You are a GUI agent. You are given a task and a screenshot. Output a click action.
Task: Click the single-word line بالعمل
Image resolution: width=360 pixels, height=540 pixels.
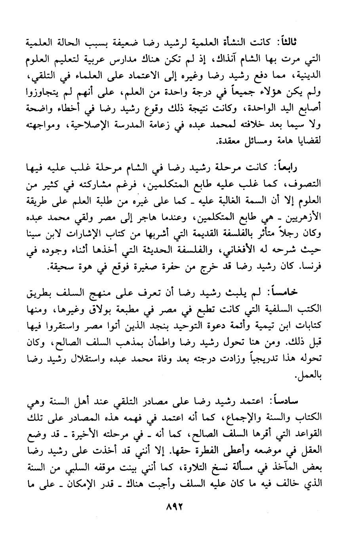click(x=311, y=377)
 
